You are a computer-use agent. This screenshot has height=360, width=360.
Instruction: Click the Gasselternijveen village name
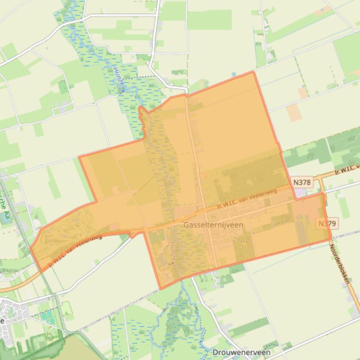coord(213,225)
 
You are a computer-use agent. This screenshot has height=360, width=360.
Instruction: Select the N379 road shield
coord(327,223)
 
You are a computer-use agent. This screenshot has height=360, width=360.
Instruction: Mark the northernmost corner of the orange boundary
coord(253,72)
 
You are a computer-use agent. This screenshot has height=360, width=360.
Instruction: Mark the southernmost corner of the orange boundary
coord(160,289)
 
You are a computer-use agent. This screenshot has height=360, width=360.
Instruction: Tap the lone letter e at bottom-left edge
coord(3,321)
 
